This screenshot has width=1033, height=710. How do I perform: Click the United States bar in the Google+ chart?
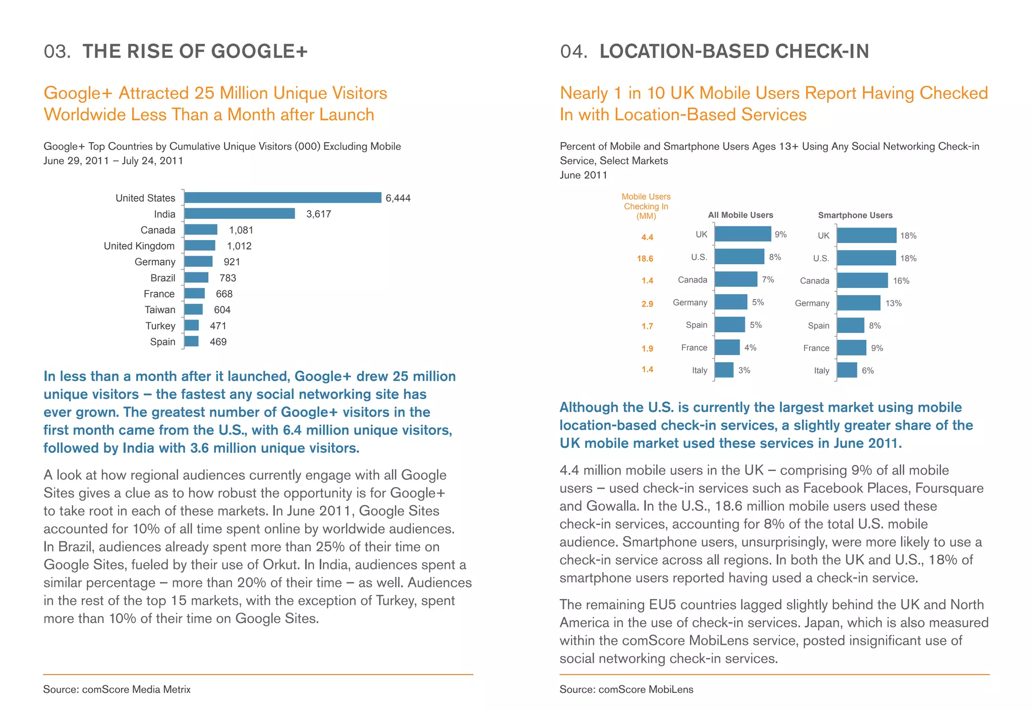click(282, 198)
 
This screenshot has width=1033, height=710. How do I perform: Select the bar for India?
click(240, 214)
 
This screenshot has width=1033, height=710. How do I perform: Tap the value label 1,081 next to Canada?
click(241, 230)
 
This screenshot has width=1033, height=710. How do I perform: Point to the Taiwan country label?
click(160, 310)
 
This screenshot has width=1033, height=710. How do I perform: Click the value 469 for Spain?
click(218, 342)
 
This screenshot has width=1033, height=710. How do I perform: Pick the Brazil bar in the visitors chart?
click(196, 278)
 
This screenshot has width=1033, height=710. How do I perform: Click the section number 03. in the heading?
click(57, 51)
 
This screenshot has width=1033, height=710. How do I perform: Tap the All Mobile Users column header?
click(740, 215)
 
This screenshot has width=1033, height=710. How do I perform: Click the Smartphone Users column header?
click(855, 215)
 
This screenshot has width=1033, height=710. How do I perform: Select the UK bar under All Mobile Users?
click(742, 234)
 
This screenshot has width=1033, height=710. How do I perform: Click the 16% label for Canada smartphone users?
click(901, 281)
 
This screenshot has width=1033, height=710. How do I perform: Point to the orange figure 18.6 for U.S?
click(645, 259)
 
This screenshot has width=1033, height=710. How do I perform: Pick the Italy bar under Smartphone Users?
click(847, 370)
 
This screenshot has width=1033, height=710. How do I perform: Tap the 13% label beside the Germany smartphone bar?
click(893, 303)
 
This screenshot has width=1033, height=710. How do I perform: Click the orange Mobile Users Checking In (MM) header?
click(646, 206)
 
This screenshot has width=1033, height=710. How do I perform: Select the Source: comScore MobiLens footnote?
click(626, 689)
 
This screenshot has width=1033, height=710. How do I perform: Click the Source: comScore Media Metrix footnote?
click(117, 689)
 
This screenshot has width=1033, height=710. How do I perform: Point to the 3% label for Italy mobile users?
click(744, 370)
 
